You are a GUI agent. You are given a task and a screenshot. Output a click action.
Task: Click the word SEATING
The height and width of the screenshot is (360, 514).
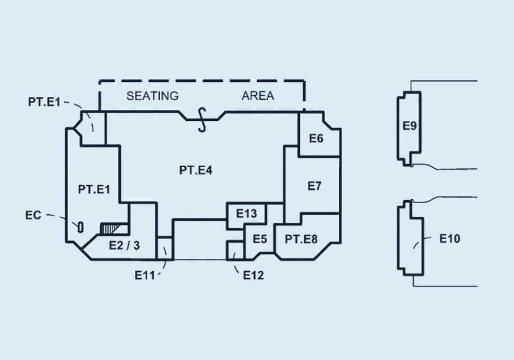(153, 96)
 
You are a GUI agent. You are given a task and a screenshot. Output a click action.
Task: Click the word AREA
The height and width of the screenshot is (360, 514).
(258, 96)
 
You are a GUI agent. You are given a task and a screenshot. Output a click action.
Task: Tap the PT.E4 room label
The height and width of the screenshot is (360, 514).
(196, 170)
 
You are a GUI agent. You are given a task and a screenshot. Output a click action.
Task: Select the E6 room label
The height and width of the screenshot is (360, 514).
(316, 138)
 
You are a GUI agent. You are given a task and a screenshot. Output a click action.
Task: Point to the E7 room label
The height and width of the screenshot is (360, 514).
(314, 186)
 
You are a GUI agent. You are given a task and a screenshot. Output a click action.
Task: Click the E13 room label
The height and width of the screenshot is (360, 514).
(246, 214)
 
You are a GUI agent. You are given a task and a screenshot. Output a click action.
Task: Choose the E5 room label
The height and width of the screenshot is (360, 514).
(260, 239)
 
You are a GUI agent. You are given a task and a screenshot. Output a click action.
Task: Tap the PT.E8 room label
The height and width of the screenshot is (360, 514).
(301, 239)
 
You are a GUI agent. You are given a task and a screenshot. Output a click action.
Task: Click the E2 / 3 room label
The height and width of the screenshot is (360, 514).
(124, 245)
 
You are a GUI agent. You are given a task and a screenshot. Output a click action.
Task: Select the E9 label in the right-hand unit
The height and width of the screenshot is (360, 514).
(410, 125)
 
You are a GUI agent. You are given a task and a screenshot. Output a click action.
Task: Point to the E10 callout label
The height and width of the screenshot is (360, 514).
(449, 238)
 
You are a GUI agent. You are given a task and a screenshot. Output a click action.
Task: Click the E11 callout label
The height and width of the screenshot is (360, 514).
(145, 275)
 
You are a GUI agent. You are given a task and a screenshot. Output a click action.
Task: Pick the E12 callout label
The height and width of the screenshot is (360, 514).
(253, 275)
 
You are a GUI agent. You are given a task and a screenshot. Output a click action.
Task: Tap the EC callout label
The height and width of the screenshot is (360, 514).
(33, 215)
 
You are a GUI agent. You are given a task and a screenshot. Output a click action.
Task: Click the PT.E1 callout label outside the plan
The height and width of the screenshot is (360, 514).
(44, 102)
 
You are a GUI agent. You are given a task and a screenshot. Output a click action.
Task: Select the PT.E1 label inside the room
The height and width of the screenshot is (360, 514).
(94, 189)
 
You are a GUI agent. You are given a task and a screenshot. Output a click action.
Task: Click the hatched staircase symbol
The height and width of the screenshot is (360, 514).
(110, 228)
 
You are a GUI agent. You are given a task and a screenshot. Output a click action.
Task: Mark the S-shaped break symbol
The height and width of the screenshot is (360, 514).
(202, 120)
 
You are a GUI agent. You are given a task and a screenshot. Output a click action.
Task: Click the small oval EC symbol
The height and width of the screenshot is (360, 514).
(80, 228)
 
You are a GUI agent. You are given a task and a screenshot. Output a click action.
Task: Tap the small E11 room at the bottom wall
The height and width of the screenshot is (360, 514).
(164, 248)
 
